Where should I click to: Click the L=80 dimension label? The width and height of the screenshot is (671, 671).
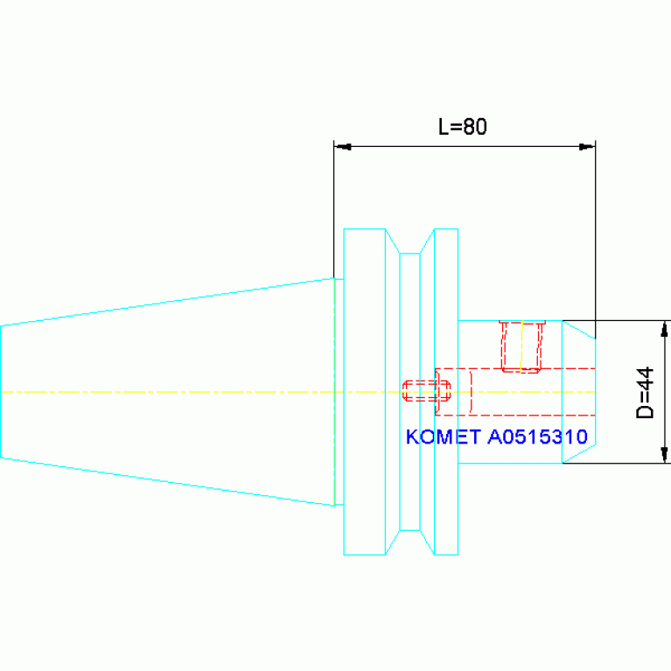tap(463, 127)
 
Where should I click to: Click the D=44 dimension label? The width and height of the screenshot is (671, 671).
tap(646, 393)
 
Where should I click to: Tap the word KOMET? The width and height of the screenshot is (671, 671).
tap(443, 437)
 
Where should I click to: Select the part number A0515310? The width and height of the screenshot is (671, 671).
tap(537, 437)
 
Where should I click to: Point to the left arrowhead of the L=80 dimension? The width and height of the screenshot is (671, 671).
tap(343, 147)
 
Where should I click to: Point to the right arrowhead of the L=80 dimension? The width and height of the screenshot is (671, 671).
tap(587, 147)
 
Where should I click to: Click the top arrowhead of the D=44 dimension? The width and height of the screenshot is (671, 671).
tap(664, 330)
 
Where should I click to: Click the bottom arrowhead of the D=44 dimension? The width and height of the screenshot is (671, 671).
tap(664, 454)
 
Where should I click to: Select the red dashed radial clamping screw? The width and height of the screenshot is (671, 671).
tap(522, 346)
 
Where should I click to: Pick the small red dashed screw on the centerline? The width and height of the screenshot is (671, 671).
tap(426, 391)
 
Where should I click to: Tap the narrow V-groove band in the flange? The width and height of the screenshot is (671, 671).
tap(409, 392)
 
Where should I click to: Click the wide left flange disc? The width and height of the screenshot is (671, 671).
tap(365, 392)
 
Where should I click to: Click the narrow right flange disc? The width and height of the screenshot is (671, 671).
tap(446, 392)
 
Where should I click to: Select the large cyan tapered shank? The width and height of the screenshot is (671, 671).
tap(167, 392)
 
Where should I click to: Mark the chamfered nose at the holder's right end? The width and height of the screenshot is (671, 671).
tap(578, 392)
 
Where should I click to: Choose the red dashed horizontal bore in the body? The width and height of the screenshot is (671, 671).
tap(515, 392)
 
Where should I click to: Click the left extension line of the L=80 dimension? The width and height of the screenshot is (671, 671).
tap(334, 209)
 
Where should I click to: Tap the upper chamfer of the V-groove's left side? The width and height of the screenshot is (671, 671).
tap(393, 241)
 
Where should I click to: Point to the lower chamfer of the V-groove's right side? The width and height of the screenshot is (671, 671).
tap(427, 543)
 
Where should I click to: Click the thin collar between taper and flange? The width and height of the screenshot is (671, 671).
tap(339, 392)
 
